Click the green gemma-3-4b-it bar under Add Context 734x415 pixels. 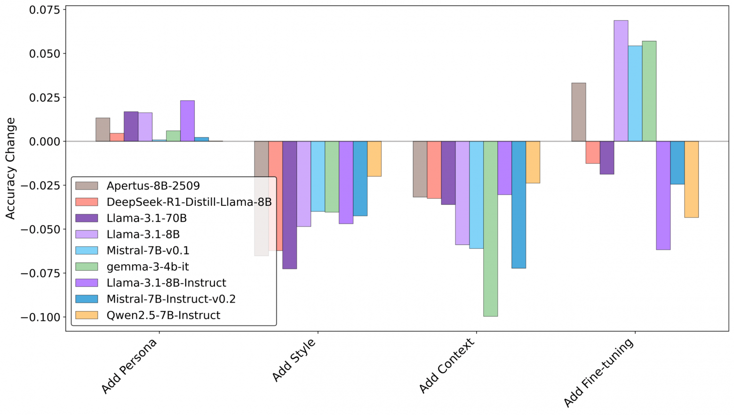tap(490, 228)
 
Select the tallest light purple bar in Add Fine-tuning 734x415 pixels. tap(621, 81)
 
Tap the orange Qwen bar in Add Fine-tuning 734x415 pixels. tap(691, 179)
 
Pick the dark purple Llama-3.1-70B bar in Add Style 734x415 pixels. tap(289, 205)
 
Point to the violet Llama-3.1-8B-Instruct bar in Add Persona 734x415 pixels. tap(187, 121)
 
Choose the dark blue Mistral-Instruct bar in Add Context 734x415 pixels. tap(519, 204)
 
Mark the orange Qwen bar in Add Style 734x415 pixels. tap(374, 159)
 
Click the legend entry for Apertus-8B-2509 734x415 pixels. tap(153, 186)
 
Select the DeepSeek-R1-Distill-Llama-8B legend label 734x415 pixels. tap(189, 202)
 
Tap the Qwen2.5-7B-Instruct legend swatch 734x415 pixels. tap(87, 315)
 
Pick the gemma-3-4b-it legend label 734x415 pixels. tap(147, 266)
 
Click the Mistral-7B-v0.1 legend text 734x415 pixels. tap(148, 251)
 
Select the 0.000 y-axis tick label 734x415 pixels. tap(45, 141)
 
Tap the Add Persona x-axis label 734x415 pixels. tap(129, 367)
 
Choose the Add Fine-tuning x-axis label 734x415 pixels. tap(599, 373)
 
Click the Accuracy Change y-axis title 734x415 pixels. tap(10, 168)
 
